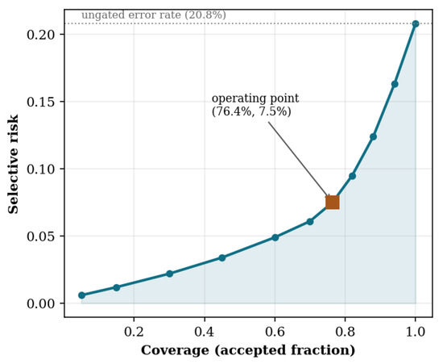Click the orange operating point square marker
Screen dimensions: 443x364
(332, 203)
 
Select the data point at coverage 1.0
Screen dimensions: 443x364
(416, 23)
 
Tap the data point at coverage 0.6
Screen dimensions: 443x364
(275, 237)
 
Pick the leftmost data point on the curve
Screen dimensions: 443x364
(81, 295)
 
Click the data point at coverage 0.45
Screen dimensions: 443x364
(222, 257)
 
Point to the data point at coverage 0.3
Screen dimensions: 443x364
(169, 274)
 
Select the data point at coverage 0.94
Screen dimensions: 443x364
(395, 84)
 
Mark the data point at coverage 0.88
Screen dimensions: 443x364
(373, 136)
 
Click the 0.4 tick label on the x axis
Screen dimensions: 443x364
(205, 332)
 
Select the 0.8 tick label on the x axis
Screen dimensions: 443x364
(345, 332)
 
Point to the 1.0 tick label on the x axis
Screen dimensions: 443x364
(416, 332)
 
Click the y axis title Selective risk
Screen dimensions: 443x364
(13, 164)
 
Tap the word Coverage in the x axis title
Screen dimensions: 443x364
(175, 350)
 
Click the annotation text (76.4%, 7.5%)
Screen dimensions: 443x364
(251, 111)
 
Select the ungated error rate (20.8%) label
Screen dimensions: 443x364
(154, 15)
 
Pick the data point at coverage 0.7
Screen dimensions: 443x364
(310, 222)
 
